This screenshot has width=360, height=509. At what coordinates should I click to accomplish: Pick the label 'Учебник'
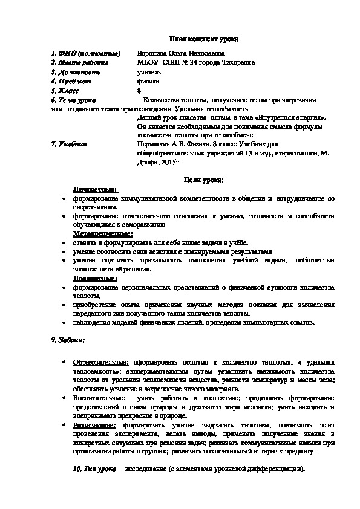click(73, 144)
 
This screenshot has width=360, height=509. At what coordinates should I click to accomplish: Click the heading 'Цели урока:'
click(203, 180)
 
